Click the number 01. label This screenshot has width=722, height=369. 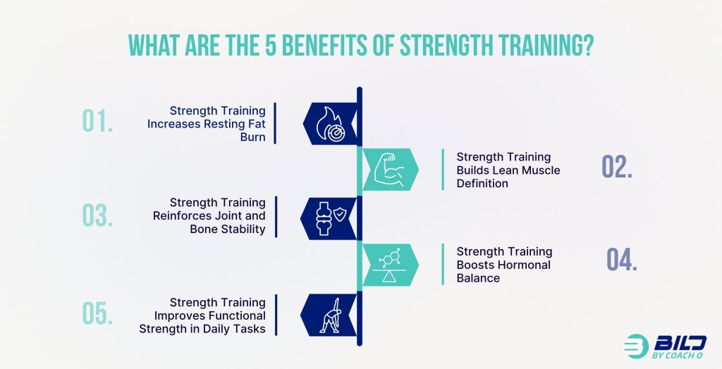pos(97,121)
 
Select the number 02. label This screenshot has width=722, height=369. pos(617,167)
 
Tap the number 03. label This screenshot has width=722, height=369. pos(97,215)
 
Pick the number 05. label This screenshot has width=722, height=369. pos(97,313)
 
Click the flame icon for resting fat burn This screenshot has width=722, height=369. pos(331,124)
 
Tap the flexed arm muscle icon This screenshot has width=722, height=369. pos(389,170)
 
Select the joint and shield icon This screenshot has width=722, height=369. pos(331,219)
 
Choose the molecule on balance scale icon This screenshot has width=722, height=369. pos(389,265)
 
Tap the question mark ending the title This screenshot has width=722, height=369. pos(587,46)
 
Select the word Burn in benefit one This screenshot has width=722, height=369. pos(253,137)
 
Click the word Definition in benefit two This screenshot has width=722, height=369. pos(482,183)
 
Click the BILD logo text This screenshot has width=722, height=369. pos(680,343)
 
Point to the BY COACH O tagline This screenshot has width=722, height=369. pos(677,355)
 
